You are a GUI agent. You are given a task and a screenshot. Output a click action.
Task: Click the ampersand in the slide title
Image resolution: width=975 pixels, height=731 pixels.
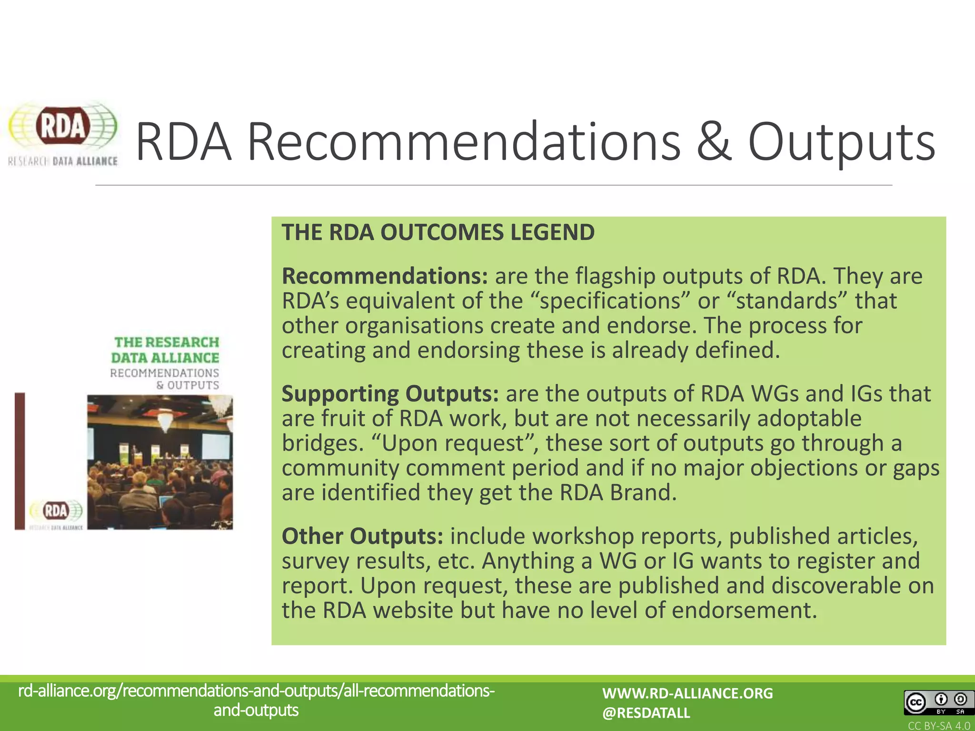(x=714, y=141)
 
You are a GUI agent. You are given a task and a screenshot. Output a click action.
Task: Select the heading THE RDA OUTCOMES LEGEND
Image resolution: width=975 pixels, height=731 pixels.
(x=438, y=232)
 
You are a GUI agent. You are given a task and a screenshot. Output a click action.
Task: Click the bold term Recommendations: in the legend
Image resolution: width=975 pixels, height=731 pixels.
(x=385, y=276)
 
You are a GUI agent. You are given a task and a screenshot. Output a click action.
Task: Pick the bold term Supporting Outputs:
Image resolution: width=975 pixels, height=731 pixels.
(x=390, y=394)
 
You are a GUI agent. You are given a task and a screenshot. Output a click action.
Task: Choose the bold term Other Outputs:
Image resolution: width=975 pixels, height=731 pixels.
(x=362, y=536)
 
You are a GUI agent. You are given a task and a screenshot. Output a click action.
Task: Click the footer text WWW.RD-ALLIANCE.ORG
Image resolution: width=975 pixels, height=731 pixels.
(x=687, y=693)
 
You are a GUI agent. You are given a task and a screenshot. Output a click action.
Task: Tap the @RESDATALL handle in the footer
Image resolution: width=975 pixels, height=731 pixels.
(x=646, y=713)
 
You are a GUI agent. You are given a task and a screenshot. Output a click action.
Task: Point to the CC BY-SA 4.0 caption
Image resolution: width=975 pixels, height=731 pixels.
(x=939, y=726)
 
